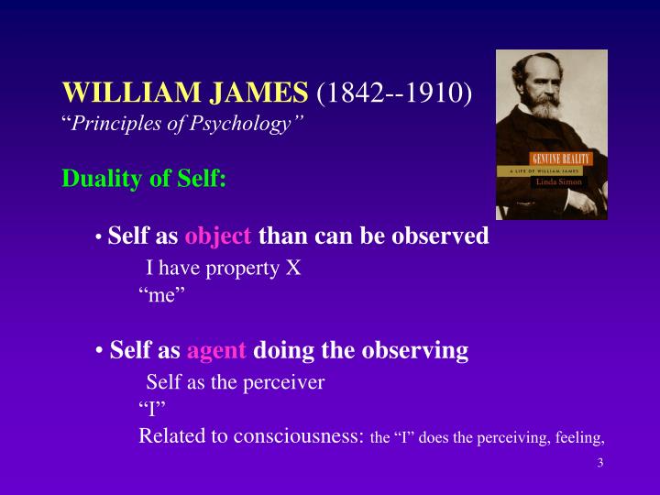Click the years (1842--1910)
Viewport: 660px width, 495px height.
pyautogui.click(x=394, y=93)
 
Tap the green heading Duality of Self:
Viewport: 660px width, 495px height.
pyautogui.click(x=144, y=178)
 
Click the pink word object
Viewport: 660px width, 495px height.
pyautogui.click(x=218, y=236)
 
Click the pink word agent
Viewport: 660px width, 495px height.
pyautogui.click(x=217, y=350)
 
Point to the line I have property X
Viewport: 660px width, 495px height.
pyautogui.click(x=224, y=269)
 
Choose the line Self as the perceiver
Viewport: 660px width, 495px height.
pyautogui.click(x=236, y=382)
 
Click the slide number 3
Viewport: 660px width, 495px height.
pyautogui.click(x=599, y=462)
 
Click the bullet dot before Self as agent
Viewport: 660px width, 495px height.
pyautogui.click(x=99, y=351)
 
